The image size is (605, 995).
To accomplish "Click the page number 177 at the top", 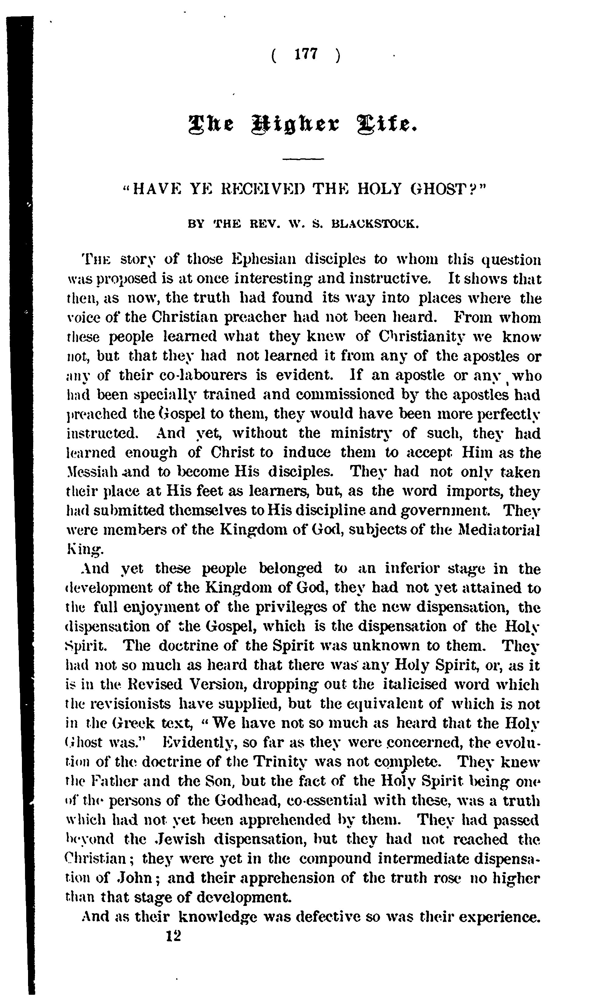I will coord(307,54).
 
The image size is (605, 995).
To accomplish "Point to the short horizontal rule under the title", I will coord(303,159).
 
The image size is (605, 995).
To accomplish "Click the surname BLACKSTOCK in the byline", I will coord(375,224).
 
